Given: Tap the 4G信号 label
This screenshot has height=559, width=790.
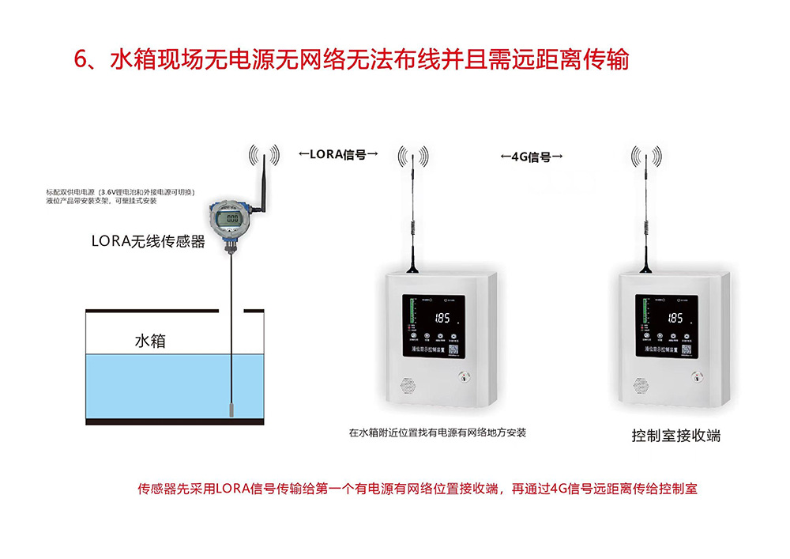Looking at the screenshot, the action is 532,157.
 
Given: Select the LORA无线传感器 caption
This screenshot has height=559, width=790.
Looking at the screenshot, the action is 149,242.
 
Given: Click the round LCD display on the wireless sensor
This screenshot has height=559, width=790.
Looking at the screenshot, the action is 231,218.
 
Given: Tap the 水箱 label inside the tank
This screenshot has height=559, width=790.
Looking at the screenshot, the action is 150,342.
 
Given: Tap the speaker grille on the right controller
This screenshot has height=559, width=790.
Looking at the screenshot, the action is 641,387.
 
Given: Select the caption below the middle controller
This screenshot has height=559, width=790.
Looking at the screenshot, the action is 437,432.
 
